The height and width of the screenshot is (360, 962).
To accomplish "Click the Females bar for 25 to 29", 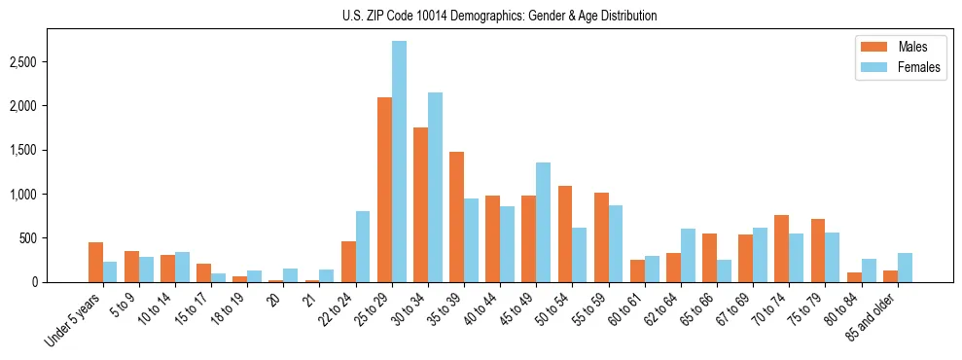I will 399,162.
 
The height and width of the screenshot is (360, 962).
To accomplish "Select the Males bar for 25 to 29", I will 384,190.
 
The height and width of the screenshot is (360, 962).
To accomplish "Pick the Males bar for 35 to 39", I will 456,217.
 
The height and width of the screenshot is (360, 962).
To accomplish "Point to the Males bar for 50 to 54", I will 565,234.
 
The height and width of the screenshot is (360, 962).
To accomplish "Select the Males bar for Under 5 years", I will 95,262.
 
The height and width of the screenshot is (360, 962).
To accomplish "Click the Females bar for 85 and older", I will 905,268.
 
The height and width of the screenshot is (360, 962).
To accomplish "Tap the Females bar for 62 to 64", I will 688,255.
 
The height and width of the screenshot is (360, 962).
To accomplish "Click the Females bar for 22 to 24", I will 363,246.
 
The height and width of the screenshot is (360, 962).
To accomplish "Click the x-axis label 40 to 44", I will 479,309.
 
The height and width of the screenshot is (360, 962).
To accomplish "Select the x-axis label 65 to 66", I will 695,309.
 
